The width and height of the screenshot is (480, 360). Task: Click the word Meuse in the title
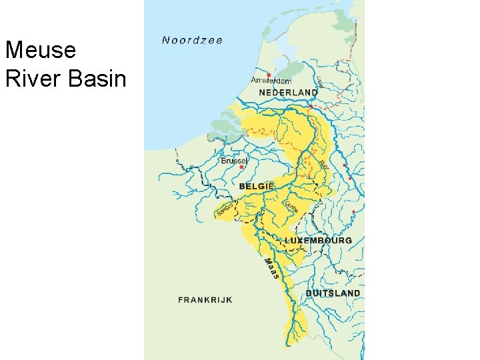41,50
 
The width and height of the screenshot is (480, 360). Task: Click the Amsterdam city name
271,81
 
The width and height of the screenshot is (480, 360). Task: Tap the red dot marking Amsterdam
269,75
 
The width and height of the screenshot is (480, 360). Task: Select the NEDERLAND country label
288,92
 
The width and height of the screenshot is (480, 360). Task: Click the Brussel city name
234,161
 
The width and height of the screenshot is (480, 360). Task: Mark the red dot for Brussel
231,167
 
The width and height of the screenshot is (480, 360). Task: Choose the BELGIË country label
257,187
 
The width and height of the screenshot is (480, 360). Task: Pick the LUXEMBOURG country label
318,240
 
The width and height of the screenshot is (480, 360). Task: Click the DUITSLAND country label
333,293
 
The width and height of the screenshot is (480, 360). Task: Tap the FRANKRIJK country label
205,300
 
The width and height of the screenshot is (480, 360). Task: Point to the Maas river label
271,268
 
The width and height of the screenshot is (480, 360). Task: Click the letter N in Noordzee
166,40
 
